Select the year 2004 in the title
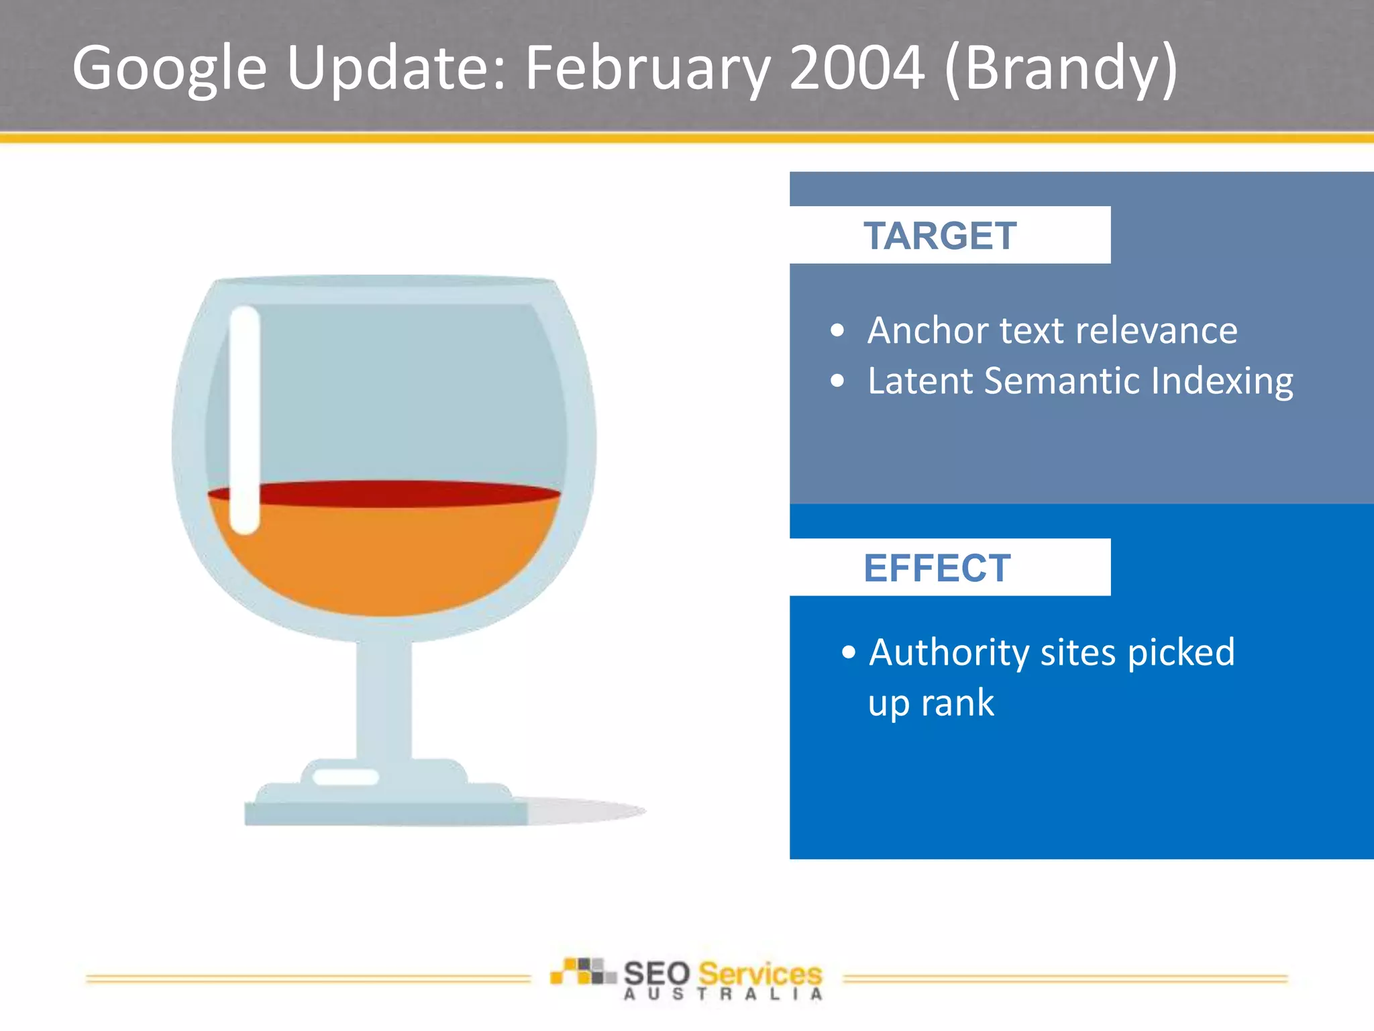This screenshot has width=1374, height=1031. coord(857,67)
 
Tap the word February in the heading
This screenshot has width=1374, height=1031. coord(647,67)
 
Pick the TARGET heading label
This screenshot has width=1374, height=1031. coord(939,236)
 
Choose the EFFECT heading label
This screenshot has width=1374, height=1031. coord(937,568)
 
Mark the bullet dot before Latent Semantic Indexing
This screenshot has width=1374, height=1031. coord(837,381)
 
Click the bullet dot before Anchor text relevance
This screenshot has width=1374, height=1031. coord(837,330)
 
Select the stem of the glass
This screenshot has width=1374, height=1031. coord(383,698)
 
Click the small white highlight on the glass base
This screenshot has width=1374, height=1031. coord(346,777)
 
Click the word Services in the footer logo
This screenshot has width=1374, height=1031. coord(759,973)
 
